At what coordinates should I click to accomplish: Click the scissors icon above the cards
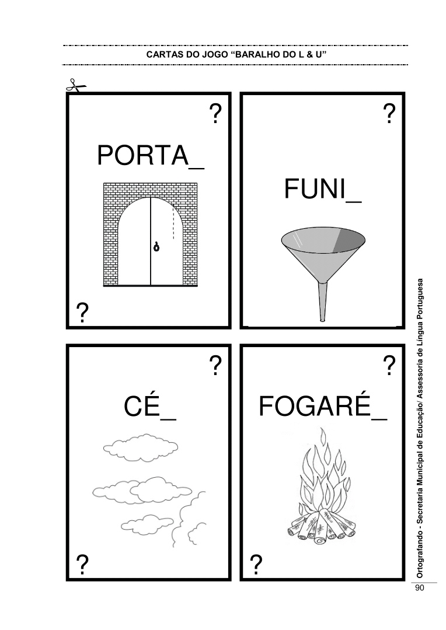point(76,86)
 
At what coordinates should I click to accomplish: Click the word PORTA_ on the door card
point(151,156)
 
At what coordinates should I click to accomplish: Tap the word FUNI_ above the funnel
point(323,189)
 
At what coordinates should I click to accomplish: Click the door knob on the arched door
point(156,247)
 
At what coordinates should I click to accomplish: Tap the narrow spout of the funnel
point(322,302)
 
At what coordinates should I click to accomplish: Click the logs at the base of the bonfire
point(322,526)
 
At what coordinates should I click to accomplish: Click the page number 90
point(420,588)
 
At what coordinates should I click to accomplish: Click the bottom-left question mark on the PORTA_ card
point(82,313)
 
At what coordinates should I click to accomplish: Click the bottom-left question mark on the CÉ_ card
point(82,565)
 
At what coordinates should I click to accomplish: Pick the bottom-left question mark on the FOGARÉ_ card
point(256,565)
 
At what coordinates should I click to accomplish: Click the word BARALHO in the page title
point(257,55)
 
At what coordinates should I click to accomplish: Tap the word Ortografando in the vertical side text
point(420,556)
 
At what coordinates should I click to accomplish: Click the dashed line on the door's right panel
point(173,223)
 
